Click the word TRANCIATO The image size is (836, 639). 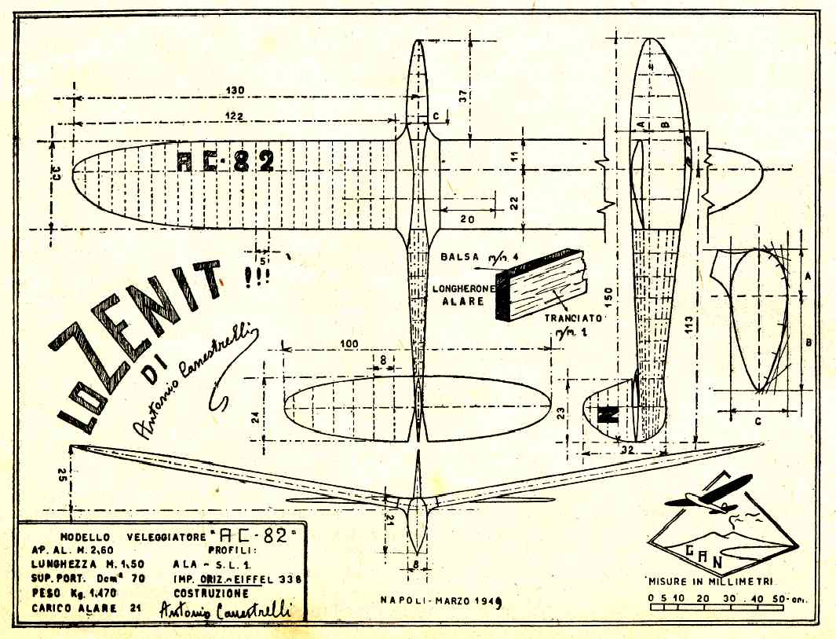[574, 319]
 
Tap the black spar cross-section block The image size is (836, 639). [542, 285]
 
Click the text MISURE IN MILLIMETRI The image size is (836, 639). [707, 582]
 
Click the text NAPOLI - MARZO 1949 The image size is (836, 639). [439, 600]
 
